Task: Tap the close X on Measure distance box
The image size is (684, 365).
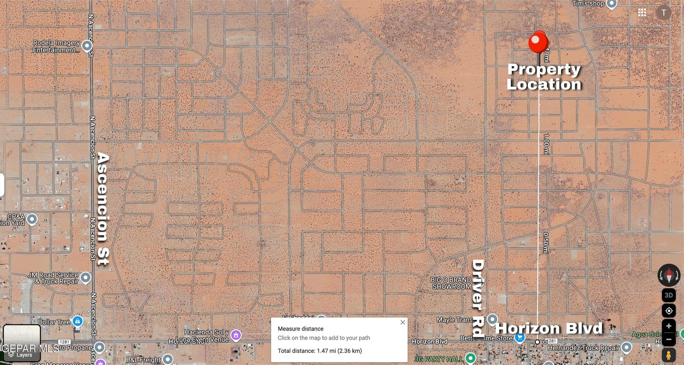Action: [403, 322]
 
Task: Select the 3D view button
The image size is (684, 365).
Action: [669, 295]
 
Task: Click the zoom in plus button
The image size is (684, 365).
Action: [669, 326]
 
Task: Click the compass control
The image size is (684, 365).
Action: [669, 275]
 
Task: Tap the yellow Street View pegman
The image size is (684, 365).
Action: [669, 355]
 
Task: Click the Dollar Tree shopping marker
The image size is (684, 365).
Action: [77, 321]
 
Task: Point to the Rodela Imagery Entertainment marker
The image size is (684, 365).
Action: [87, 46]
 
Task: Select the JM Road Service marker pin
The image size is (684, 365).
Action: [85, 277]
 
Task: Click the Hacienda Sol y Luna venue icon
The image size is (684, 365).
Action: [236, 335]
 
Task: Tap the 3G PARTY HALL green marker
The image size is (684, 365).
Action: [471, 358]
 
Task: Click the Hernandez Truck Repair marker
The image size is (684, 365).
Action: [626, 347]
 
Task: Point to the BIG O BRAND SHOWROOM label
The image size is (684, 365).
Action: [451, 283]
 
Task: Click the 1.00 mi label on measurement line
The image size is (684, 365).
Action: [546, 144]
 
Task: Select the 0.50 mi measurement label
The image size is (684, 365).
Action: [545, 243]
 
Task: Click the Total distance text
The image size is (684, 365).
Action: [320, 351]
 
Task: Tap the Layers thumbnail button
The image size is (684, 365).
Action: [22, 342]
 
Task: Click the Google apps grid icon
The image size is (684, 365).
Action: [642, 13]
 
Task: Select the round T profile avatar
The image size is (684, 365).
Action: [663, 13]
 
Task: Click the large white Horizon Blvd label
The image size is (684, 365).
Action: [549, 328]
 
